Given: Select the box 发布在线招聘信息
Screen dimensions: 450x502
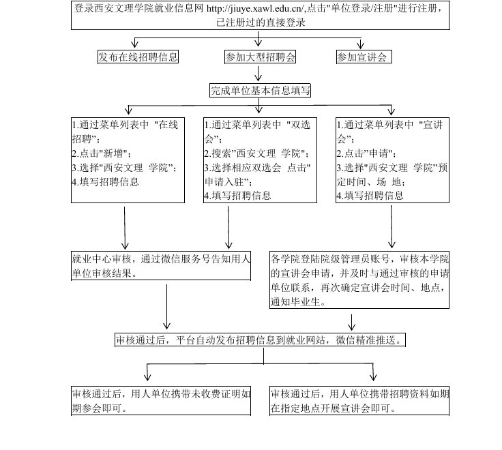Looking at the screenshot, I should click(138, 57).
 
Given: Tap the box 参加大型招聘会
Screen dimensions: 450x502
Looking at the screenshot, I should click(260, 57).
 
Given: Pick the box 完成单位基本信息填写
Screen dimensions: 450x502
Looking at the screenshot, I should click(260, 90).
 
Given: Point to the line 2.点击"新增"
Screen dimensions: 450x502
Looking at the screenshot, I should click(103, 153).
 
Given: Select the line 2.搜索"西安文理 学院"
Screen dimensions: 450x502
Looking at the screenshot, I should click(256, 153).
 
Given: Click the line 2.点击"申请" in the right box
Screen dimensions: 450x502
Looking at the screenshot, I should click(366, 153).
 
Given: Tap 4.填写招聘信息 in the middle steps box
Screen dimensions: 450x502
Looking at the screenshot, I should click(237, 195).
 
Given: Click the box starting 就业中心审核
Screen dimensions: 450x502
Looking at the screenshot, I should click(162, 265).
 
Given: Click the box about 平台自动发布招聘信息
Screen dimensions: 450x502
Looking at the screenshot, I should click(260, 340).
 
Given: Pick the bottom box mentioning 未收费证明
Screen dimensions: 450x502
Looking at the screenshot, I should click(162, 402).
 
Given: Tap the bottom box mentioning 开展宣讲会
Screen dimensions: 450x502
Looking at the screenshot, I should click(360, 402).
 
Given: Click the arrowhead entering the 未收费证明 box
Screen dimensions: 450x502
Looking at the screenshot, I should click(148, 376).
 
